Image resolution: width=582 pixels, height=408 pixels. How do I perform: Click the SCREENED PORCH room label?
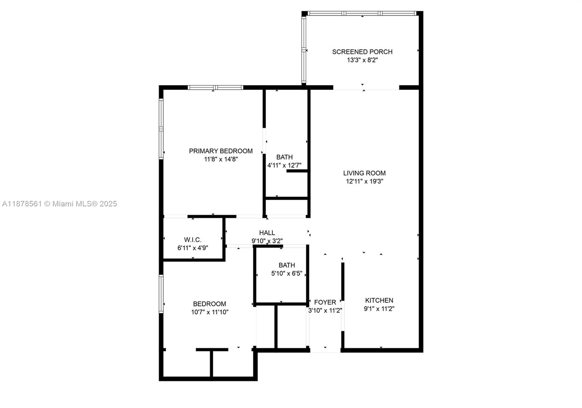coord(362,52)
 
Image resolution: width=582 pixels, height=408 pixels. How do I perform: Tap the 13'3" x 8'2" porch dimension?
coord(362,60)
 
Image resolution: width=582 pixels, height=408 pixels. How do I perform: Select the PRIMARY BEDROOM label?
coord(220,151)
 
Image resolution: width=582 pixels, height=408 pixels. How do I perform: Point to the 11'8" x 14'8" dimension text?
coord(220,159)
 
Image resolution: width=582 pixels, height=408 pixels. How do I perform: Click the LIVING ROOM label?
coord(364,173)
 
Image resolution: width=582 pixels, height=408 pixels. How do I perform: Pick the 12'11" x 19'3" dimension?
coord(364,181)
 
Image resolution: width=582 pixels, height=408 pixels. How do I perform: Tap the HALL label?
coord(267,233)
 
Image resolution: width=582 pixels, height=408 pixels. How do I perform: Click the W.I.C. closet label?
coord(192,240)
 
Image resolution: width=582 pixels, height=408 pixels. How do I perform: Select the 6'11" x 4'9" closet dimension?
coord(192,248)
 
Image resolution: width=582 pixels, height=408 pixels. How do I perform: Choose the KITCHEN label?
coord(379,300)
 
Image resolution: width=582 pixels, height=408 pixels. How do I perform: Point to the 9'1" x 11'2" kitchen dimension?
coord(379,309)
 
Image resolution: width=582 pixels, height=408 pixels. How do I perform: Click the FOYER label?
coord(325,302)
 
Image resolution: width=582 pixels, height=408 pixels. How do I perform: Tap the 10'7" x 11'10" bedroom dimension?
coord(210,312)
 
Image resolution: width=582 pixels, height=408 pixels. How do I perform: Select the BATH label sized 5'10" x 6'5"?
coord(287,265)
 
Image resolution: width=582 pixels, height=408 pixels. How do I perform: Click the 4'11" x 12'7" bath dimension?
coord(284,165)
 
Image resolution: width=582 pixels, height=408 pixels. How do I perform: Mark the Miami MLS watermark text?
coord(60,204)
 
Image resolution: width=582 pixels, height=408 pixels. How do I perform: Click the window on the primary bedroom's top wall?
coord(215,87)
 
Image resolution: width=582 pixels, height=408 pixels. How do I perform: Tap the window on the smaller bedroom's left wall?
coord(161,294)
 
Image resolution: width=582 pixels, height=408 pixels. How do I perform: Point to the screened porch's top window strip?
coord(362,13)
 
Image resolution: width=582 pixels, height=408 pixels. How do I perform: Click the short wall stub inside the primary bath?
coord(297,171)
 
